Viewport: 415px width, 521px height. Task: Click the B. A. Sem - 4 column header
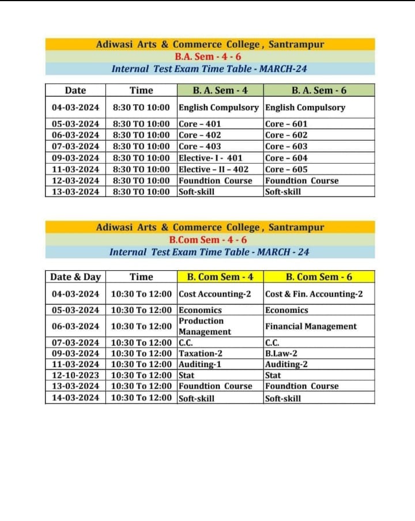(x=220, y=90)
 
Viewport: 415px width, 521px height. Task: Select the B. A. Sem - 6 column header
(x=319, y=90)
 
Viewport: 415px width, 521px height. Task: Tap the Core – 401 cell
(x=199, y=124)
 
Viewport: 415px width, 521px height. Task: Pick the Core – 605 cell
(x=286, y=169)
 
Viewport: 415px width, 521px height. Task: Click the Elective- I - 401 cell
(x=210, y=158)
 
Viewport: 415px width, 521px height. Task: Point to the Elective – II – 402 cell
(x=213, y=169)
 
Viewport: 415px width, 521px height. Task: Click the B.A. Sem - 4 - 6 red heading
(x=208, y=56)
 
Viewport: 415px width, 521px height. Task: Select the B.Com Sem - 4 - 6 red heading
(x=208, y=240)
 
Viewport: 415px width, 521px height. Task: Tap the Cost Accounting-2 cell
(x=214, y=294)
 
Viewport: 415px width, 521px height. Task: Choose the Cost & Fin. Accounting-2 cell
(x=314, y=294)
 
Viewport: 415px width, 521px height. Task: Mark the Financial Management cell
(x=311, y=326)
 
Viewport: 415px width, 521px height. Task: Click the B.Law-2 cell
(x=281, y=353)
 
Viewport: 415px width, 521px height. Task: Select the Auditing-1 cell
(x=200, y=364)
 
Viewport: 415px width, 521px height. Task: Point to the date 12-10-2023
(x=76, y=375)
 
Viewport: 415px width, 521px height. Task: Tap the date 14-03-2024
(x=76, y=398)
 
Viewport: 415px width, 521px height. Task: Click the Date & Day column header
(x=76, y=277)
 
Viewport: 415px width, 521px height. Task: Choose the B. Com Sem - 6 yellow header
(x=319, y=277)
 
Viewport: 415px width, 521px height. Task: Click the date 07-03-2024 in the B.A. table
(x=76, y=146)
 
